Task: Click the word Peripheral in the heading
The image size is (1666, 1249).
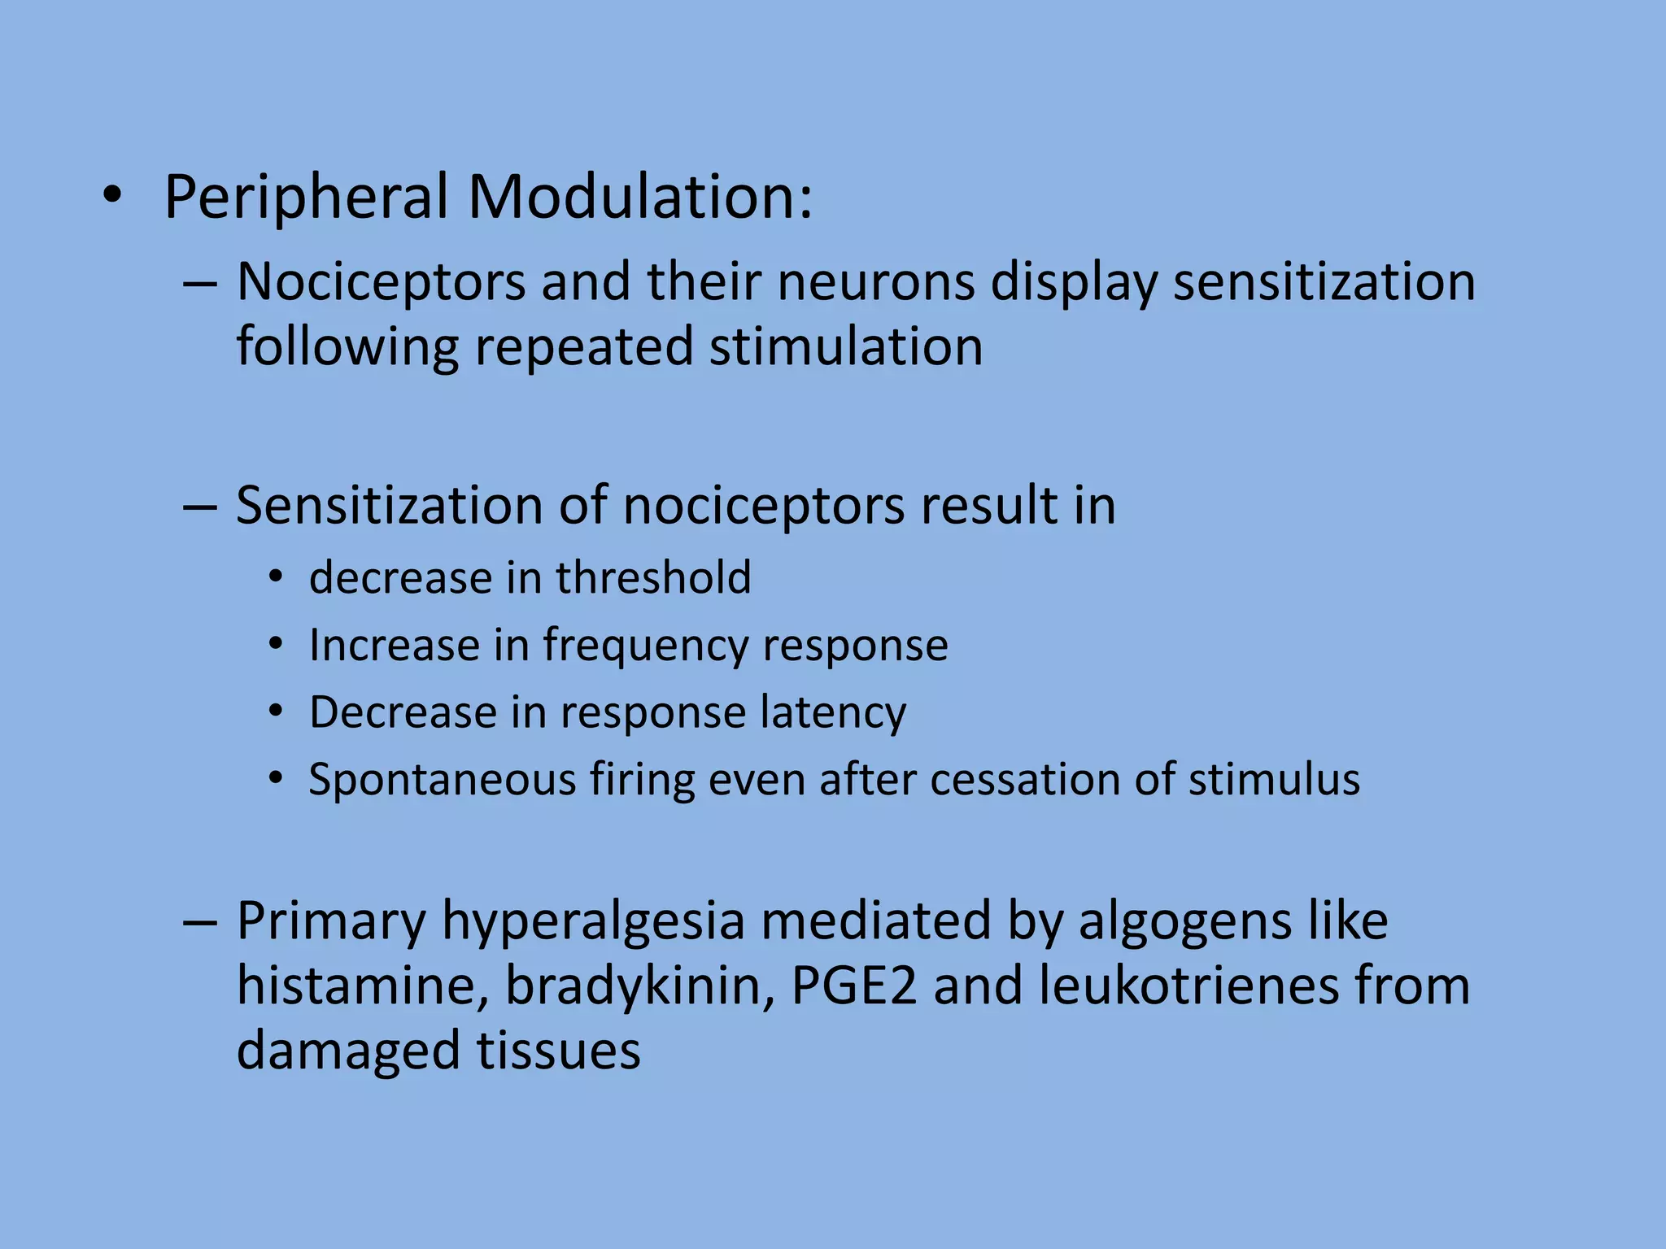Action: (x=306, y=198)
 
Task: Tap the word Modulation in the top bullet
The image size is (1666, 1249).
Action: (x=639, y=198)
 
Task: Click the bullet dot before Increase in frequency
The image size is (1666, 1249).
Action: (x=277, y=645)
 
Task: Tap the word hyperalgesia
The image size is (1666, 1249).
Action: (x=594, y=922)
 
